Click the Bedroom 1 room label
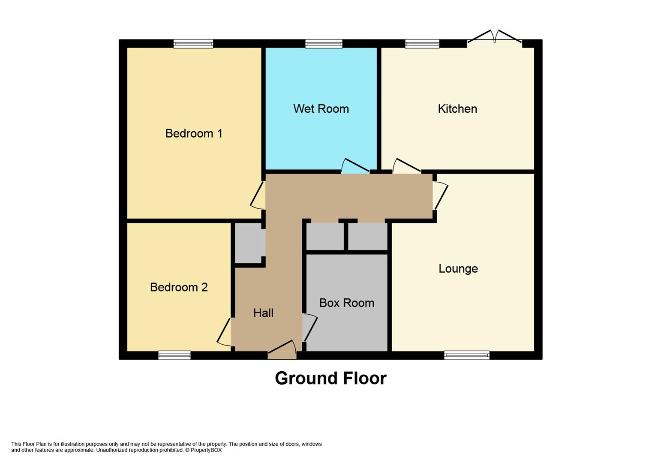tap(194, 133)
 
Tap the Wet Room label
tap(321, 109)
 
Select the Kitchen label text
tap(457, 109)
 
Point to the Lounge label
tap(458, 269)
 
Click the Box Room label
tap(346, 303)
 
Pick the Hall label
tap(263, 313)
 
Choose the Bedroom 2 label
tap(179, 287)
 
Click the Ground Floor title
tap(330, 378)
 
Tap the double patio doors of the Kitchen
tap(494, 38)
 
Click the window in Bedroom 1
tap(193, 44)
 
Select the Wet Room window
tap(324, 44)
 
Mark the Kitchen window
tap(422, 44)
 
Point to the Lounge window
tap(466, 355)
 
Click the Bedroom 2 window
tap(174, 355)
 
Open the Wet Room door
tap(355, 167)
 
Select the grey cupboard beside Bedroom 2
tap(248, 243)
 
